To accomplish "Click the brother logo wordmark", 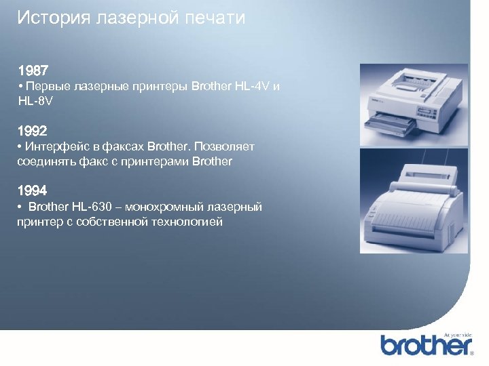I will pos(425,345).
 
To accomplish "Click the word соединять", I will pos(45,161).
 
